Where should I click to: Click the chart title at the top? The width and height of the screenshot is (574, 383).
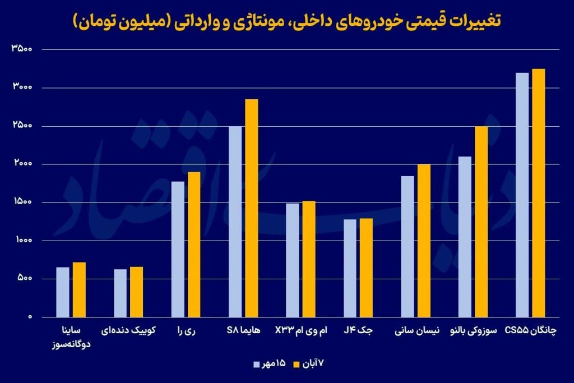click(287, 21)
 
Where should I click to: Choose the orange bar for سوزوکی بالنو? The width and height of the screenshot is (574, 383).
click(481, 222)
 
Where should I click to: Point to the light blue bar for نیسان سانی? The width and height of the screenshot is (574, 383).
click(408, 247)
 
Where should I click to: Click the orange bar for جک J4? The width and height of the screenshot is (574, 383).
click(366, 267)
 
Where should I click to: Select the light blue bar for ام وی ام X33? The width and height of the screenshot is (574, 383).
click(293, 260)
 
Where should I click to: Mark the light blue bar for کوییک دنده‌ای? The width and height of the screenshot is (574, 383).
click(121, 293)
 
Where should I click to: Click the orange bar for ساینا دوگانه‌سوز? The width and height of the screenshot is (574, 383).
click(79, 289)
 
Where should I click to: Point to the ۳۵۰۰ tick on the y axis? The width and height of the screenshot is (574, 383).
click(22, 49)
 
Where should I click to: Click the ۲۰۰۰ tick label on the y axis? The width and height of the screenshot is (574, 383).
click(22, 164)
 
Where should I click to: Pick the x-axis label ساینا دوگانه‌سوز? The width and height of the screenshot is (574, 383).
click(71, 337)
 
